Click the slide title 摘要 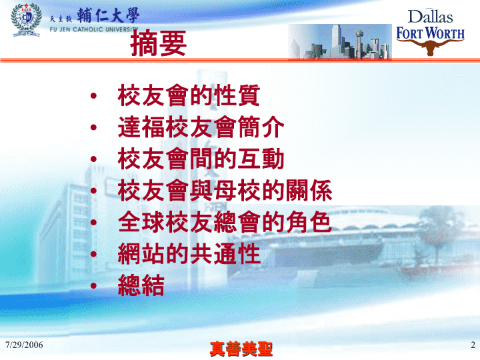click(x=158, y=44)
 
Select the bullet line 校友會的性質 click(x=189, y=95)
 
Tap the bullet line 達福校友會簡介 click(x=201, y=127)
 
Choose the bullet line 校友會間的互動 click(x=201, y=159)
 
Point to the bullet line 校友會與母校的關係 click(x=225, y=191)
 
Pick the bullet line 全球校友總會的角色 click(x=225, y=222)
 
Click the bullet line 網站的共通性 click(x=189, y=253)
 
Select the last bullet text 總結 click(x=141, y=285)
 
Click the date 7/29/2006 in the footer click(x=24, y=345)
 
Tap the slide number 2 click(x=473, y=345)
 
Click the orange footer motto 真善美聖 click(x=241, y=349)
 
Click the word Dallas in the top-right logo click(x=430, y=17)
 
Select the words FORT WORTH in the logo click(x=430, y=33)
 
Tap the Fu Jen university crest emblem click(x=26, y=20)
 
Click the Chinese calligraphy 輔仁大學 click(x=108, y=15)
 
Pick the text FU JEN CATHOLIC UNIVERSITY click(x=94, y=29)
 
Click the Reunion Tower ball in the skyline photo click(x=359, y=33)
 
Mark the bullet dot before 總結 click(x=94, y=286)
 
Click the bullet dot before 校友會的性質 click(x=94, y=96)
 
